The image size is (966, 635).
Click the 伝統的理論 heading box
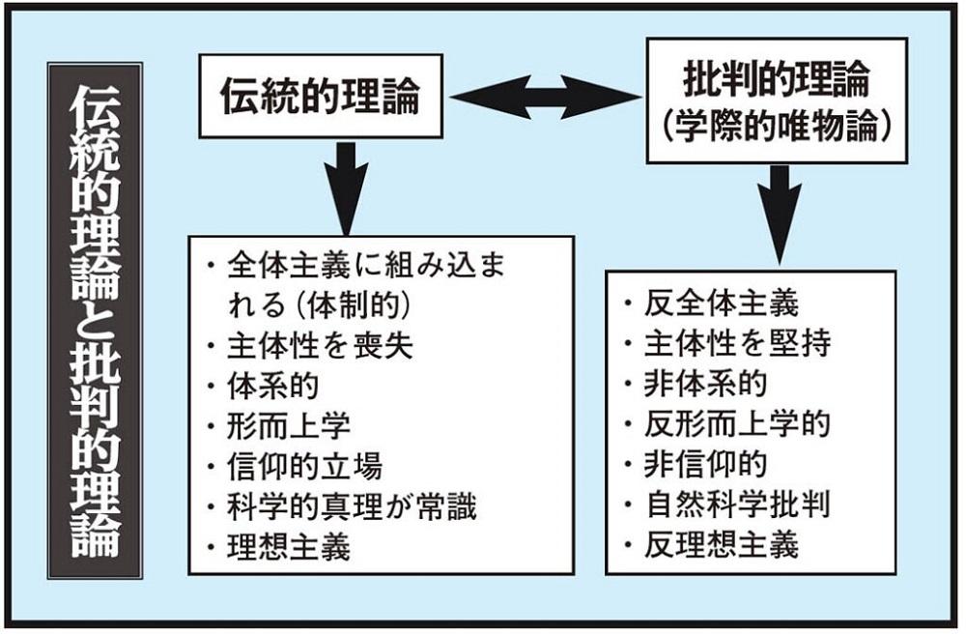(321, 97)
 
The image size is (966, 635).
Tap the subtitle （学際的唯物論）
(777, 127)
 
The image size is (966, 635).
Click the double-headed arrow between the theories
(545, 97)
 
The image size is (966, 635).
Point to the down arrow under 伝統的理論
(346, 188)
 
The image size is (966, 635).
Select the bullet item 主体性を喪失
(320, 346)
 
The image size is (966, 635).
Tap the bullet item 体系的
(273, 386)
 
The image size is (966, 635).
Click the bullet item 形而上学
(288, 426)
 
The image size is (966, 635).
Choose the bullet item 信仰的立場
(304, 466)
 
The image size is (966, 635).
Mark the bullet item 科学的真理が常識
(352, 506)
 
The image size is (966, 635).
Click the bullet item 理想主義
(288, 547)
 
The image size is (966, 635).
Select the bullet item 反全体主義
(722, 303)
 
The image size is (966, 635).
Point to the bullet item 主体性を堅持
(737, 343)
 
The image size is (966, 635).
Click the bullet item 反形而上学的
(737, 423)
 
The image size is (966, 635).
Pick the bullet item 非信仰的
(705, 464)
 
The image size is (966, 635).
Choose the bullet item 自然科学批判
(737, 504)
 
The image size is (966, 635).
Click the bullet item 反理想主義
(722, 544)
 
